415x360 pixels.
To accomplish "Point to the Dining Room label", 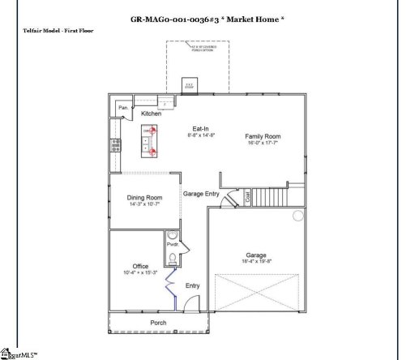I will coord(144,198).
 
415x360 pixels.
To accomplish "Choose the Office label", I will coord(140,266).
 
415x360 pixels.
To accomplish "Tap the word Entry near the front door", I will coord(193,285).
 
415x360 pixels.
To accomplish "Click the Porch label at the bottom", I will coord(159,322).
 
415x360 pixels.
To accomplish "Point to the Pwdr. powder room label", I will coord(172,244).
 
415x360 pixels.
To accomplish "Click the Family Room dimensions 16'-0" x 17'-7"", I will coord(262,144).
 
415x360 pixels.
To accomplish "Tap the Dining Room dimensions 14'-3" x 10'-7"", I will coord(144,205).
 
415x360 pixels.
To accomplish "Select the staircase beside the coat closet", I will coord(272,195).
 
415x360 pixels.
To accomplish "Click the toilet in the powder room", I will coord(172,259).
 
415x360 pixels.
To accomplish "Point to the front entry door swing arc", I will coord(188,303).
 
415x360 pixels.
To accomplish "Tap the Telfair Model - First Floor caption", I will coord(59,29).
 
